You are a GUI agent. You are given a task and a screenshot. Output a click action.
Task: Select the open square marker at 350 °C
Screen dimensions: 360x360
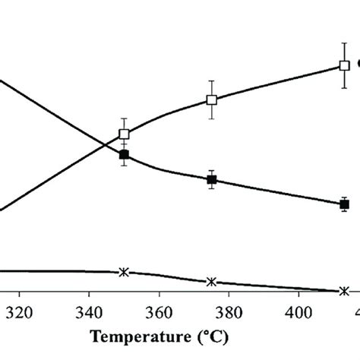[x=124, y=134]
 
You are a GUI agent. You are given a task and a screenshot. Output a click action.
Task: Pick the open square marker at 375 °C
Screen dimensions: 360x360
[x=212, y=99]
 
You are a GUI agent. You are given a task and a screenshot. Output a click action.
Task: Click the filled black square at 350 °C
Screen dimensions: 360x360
[x=124, y=154]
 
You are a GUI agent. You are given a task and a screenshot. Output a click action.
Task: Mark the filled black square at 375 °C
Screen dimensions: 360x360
[x=212, y=180]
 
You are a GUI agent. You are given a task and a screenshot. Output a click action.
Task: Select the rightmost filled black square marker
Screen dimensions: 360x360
[x=344, y=204]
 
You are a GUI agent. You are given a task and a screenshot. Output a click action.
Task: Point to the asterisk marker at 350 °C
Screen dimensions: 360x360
[x=124, y=272]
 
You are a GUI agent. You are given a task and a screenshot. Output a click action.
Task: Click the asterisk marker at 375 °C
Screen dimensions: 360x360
[x=212, y=282]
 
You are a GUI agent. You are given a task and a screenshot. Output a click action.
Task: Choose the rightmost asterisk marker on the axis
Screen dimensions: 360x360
[x=344, y=291]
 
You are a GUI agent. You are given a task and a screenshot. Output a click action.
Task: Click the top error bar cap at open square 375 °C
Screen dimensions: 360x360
[x=212, y=81]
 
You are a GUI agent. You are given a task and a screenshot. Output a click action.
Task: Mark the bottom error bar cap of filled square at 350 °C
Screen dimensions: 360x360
[x=124, y=166]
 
